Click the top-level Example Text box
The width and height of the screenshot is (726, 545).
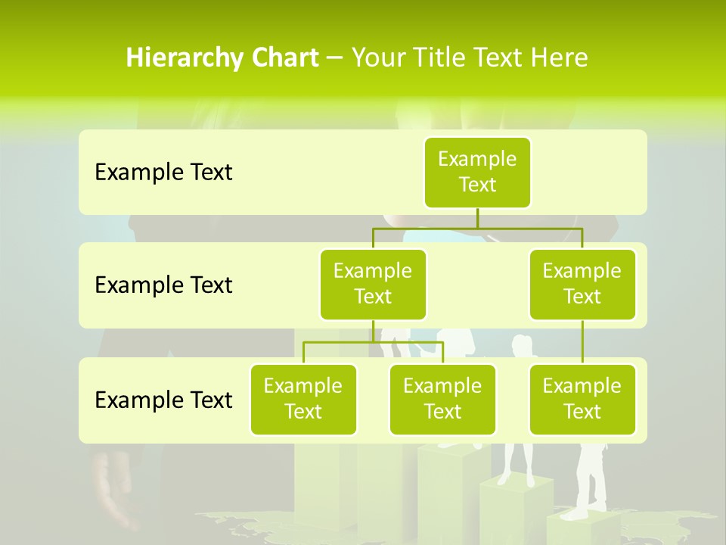coord(477,172)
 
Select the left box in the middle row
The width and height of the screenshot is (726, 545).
coord(373,284)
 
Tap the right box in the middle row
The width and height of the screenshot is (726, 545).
coord(582,284)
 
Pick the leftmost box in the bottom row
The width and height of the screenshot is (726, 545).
coord(303,399)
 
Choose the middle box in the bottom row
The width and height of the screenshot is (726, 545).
coord(442,399)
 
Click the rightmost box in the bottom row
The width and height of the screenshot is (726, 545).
coord(582,399)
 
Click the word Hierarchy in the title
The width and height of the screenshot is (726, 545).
coord(181,58)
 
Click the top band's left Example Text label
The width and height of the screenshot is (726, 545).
coord(163,173)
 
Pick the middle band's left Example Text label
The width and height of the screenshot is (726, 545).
coord(163,285)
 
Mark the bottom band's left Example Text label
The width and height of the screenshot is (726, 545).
coord(163,400)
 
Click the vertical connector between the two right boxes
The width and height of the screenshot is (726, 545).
coord(582,342)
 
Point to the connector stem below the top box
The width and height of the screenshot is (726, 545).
coord(477,218)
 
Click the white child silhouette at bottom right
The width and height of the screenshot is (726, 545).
coord(591,477)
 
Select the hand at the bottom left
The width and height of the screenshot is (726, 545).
coord(113,492)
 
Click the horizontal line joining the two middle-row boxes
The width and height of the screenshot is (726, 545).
coord(477,228)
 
